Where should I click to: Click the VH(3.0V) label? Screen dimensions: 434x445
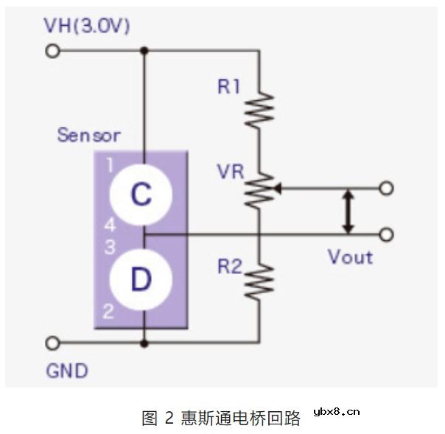[87, 27]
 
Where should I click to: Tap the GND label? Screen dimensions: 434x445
[67, 370]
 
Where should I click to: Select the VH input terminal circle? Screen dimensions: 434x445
[52, 51]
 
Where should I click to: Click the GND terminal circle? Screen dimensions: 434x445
[52, 343]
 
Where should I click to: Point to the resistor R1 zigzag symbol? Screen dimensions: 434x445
[260, 108]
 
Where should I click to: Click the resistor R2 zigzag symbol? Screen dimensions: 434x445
[260, 281]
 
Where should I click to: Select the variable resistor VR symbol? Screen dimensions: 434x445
[260, 189]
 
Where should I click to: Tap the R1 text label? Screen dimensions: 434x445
[228, 87]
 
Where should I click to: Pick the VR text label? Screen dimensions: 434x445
[230, 172]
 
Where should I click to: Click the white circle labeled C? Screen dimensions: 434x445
[141, 195]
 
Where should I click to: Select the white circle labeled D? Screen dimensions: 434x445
[141, 281]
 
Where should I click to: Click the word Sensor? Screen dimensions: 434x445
[88, 136]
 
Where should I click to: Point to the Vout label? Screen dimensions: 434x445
[350, 257]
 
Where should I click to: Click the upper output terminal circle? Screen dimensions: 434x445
[385, 188]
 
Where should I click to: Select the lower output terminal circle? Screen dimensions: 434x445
[385, 234]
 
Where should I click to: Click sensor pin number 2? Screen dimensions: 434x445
[108, 312]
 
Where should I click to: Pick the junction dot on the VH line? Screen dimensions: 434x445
[144, 51]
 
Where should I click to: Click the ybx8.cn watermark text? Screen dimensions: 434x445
[336, 412]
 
